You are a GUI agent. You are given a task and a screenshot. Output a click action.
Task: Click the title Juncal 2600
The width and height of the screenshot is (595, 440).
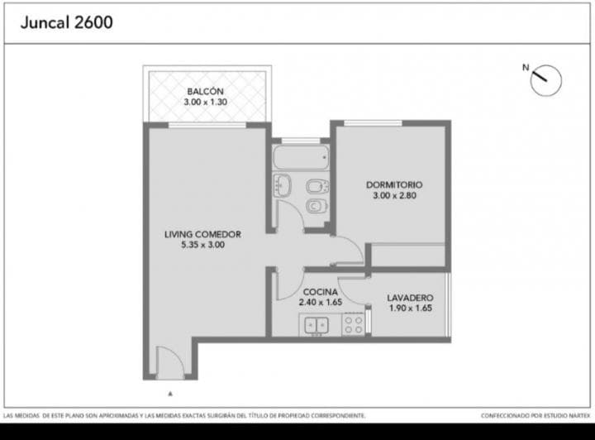(65, 22)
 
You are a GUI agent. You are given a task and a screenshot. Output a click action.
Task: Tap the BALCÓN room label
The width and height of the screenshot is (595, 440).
(205, 91)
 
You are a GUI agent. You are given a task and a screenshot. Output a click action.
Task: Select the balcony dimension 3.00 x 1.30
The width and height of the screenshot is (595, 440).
(205, 102)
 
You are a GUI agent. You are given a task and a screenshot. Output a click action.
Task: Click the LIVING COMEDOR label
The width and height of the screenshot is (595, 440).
(202, 234)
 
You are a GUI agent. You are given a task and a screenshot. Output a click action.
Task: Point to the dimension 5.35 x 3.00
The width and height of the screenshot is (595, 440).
(202, 245)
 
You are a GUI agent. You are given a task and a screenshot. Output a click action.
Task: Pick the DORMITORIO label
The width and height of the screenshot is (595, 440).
(395, 184)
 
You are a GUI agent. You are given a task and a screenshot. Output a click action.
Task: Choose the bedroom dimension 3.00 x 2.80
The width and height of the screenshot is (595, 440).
(395, 195)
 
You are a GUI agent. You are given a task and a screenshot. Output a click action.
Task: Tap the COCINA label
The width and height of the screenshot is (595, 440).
(319, 292)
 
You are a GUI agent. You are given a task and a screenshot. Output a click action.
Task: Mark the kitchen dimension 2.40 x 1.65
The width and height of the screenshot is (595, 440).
(319, 303)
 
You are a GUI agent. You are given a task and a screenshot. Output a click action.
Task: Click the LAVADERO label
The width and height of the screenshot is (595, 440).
(411, 298)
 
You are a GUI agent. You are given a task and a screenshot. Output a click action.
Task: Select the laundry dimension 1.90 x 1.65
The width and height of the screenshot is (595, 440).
(411, 308)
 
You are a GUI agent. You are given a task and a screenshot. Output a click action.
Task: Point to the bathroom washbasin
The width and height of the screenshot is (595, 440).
(282, 185)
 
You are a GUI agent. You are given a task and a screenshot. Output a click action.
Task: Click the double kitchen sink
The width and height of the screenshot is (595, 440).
(316, 327)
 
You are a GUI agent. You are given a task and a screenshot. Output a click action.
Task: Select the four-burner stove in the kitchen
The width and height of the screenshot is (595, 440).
(353, 326)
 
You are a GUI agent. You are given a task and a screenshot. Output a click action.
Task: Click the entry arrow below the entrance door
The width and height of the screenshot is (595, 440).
(170, 395)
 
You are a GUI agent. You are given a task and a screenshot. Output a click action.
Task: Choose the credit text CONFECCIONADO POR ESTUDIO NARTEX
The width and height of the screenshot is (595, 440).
(533, 415)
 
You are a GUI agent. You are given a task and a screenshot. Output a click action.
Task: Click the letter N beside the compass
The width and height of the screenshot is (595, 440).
(524, 67)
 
